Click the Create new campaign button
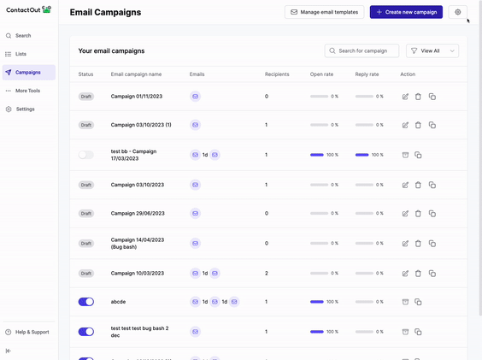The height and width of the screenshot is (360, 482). click(406, 12)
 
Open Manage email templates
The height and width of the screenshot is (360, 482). click(324, 12)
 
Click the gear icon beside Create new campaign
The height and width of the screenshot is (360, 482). click(458, 12)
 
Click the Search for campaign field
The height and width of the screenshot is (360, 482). click(361, 50)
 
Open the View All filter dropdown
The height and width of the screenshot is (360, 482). click(432, 50)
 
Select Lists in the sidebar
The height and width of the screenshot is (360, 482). click(21, 54)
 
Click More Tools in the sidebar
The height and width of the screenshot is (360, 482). click(27, 91)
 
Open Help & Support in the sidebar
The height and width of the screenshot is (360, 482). click(32, 332)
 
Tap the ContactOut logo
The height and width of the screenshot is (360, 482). click(28, 9)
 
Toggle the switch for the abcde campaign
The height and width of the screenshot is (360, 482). click(86, 302)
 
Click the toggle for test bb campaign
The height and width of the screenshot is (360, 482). click(86, 155)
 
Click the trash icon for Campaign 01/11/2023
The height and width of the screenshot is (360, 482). click(418, 97)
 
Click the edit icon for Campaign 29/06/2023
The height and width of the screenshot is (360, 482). click(405, 214)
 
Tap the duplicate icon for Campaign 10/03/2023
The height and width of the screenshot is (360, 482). click(432, 274)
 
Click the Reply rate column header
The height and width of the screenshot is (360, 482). click(367, 74)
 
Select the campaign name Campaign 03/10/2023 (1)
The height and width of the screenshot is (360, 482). click(141, 125)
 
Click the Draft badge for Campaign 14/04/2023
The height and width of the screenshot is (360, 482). click(86, 244)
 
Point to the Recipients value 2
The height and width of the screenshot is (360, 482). click(267, 274)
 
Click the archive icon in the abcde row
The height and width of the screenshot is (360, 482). click(405, 302)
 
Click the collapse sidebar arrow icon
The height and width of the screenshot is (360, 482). click(9, 351)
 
